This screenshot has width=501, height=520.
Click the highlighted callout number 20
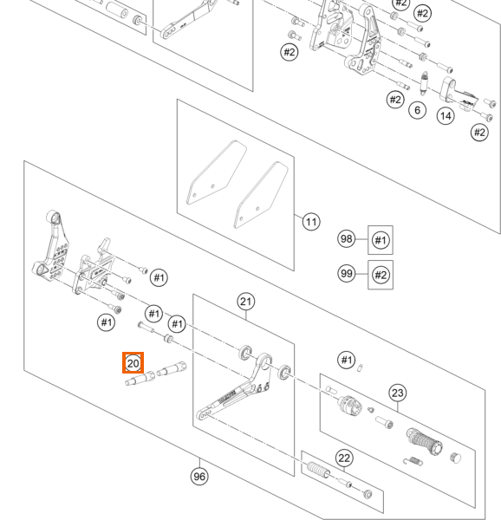tap(133, 363)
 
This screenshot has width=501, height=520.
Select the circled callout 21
tap(245, 302)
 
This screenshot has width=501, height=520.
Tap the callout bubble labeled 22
tap(344, 458)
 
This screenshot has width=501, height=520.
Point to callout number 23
tap(398, 393)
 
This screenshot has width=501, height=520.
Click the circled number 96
tap(199, 477)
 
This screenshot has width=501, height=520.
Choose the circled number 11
tap(311, 222)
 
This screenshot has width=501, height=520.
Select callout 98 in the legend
tap(346, 239)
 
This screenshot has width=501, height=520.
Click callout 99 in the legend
tap(347, 274)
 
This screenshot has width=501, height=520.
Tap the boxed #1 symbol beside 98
tap(381, 240)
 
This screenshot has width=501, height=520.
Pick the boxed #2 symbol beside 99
tap(381, 275)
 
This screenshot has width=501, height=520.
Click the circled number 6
tap(418, 110)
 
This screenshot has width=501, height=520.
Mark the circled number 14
tap(446, 116)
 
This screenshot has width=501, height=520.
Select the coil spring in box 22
tap(318, 470)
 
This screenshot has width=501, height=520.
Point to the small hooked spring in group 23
tap(413, 461)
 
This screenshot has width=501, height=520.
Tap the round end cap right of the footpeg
tap(456, 458)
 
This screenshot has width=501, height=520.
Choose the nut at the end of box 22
tap(368, 493)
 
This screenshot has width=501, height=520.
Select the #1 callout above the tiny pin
tap(347, 360)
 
